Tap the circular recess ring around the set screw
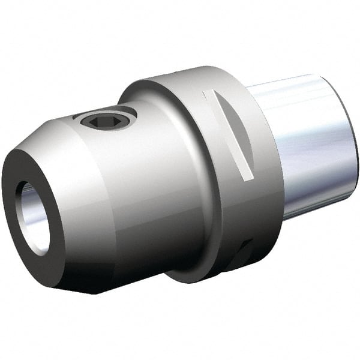point(120,112)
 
